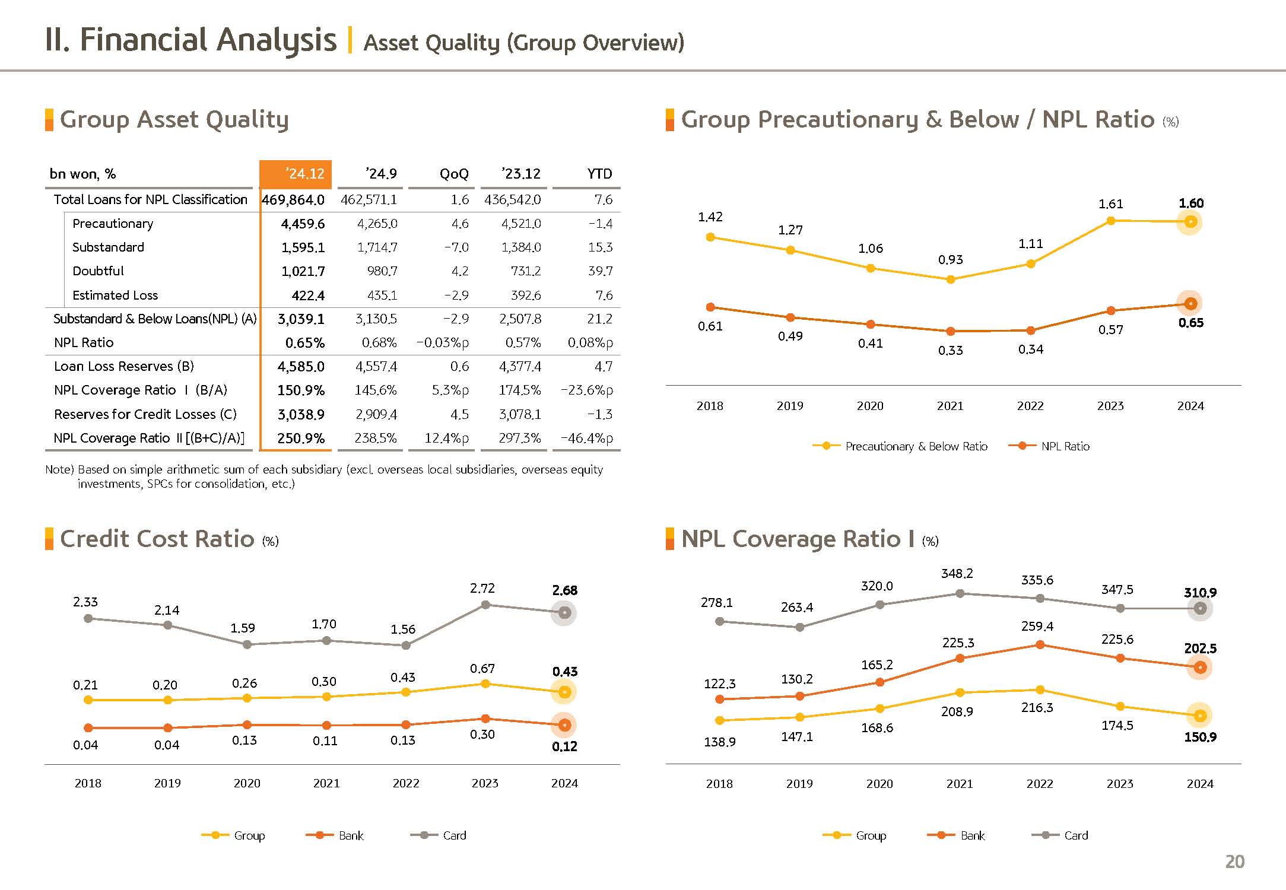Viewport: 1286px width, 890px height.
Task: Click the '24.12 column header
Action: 296,174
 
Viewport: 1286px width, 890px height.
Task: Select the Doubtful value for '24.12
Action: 303,271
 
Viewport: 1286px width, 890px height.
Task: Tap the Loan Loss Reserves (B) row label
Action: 124,366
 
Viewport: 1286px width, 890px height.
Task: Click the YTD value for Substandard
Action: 600,247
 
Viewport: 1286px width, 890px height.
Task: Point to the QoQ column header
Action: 454,174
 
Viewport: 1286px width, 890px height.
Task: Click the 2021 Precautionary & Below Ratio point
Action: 951,279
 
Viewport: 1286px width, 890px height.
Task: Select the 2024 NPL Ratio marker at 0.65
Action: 1190,304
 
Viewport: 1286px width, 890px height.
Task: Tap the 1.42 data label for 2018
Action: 710,217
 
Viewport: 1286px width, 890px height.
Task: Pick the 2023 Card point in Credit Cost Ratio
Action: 485,605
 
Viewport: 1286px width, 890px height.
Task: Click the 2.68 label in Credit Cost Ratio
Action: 564,590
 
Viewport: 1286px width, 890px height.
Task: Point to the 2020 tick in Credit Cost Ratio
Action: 247,783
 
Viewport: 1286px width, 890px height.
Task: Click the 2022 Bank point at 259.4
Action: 1040,645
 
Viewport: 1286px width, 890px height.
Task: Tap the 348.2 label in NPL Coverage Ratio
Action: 957,573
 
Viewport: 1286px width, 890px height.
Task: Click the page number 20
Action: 1234,862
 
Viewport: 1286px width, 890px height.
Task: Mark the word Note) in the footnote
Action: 59,470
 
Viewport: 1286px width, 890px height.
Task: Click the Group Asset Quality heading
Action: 174,119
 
